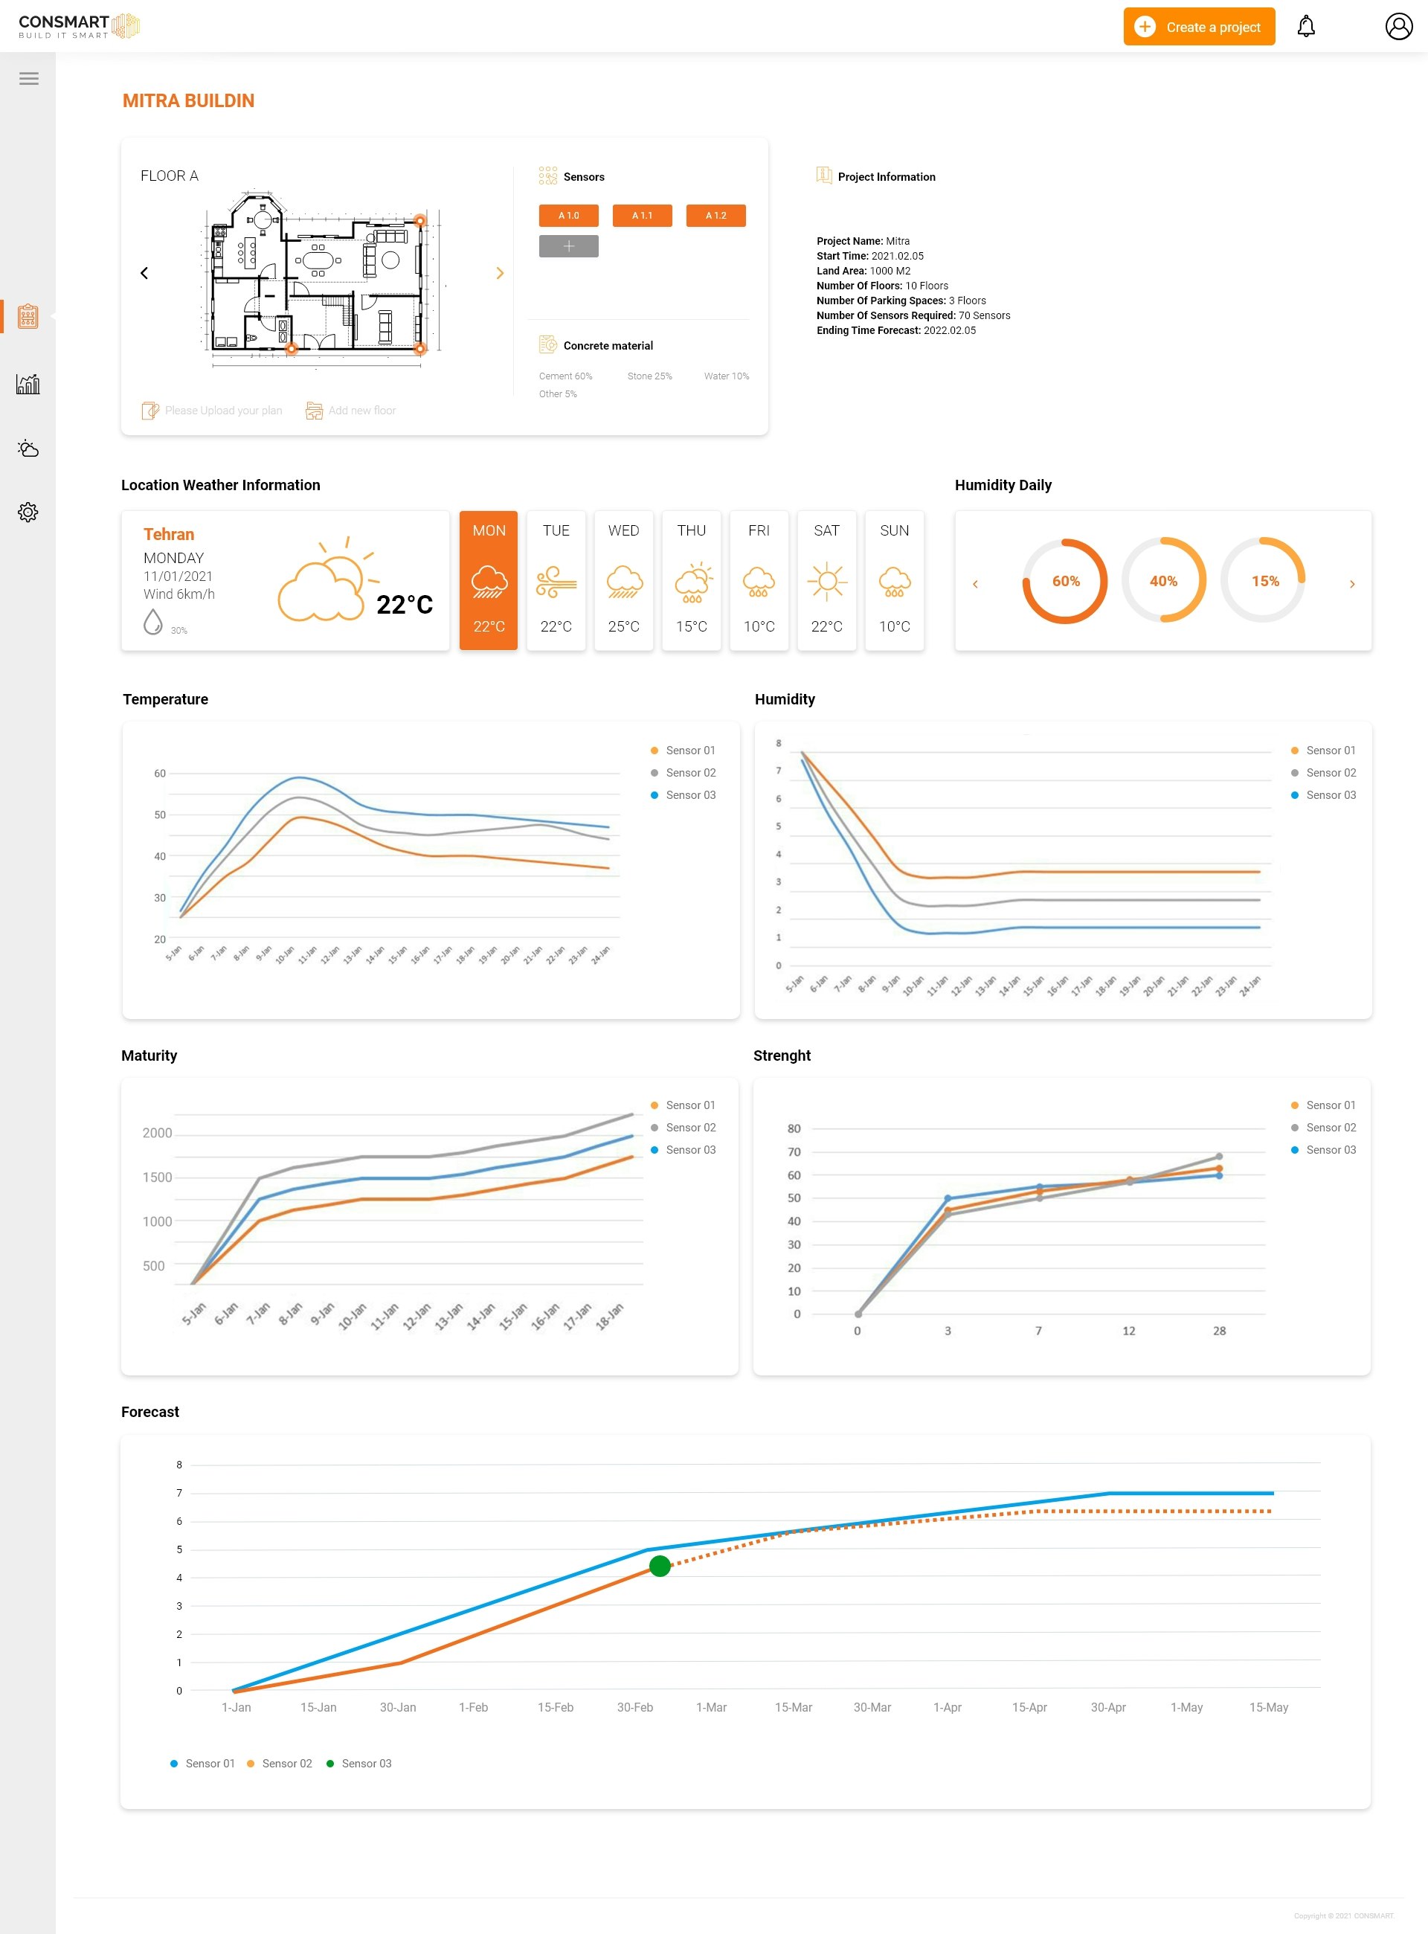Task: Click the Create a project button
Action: point(1198,27)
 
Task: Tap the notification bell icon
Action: point(1305,27)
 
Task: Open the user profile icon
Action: point(1398,27)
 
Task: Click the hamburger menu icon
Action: point(28,79)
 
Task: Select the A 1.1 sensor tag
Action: point(641,215)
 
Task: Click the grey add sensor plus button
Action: point(568,246)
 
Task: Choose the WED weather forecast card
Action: point(623,579)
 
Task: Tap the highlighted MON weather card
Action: point(489,579)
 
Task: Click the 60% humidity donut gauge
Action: point(1065,581)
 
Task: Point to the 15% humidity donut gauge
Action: point(1263,581)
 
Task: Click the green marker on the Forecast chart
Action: point(660,1566)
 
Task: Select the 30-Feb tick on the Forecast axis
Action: point(634,1706)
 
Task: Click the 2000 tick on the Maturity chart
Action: point(158,1133)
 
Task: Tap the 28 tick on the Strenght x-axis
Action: point(1219,1331)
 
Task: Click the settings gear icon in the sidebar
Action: point(28,512)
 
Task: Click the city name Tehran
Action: point(169,534)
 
